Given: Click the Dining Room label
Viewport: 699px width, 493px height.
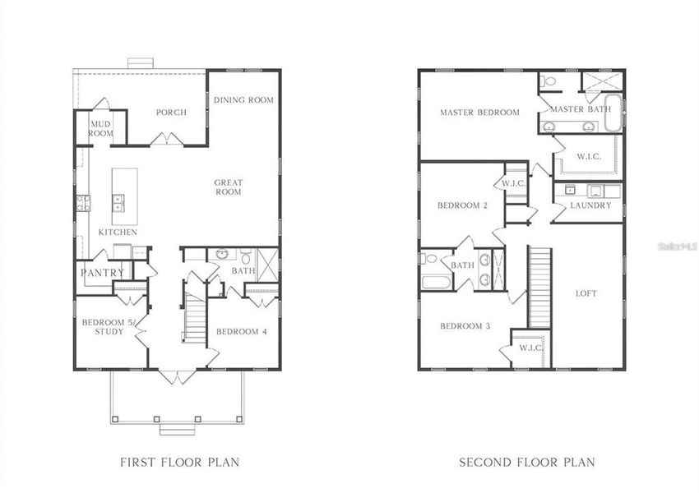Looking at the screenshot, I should click(243, 100).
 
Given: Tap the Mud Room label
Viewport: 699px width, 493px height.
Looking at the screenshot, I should click(101, 128).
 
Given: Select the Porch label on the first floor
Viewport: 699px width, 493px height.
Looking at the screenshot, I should click(171, 113).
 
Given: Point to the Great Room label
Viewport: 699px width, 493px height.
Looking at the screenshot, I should click(228, 187).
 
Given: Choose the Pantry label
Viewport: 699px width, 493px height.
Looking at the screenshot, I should click(103, 273).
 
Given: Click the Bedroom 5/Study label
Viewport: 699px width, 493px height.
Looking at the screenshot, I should click(103, 327).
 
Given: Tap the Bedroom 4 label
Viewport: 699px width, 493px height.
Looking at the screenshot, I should click(242, 332).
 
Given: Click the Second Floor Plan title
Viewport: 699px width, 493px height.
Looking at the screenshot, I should click(526, 462).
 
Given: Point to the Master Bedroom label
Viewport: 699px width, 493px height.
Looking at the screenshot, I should click(479, 113).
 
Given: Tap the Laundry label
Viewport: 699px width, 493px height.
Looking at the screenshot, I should click(590, 205).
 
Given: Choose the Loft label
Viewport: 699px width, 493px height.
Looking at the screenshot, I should click(586, 293).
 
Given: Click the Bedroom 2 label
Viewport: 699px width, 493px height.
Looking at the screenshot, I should click(463, 205).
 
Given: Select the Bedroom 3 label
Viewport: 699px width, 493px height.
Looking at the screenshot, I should click(465, 326).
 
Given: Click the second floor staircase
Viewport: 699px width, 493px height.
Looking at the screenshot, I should click(539, 288).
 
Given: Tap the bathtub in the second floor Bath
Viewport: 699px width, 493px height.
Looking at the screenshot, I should click(436, 282).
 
